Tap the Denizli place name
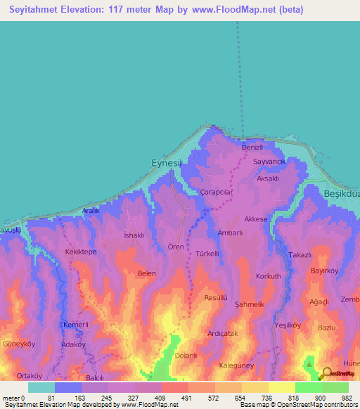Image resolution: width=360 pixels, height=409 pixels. (x=252, y=148)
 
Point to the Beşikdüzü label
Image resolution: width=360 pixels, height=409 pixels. (x=341, y=193)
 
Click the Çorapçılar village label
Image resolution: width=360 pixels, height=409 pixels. (x=221, y=192)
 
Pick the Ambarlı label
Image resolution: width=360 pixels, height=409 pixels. (x=230, y=233)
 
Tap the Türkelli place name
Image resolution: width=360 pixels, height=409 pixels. (x=207, y=253)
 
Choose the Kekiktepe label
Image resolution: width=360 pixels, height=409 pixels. (x=81, y=251)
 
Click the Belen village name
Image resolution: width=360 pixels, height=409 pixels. (x=146, y=273)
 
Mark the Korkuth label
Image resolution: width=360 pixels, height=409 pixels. (x=269, y=276)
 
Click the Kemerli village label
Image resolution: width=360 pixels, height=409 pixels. (x=75, y=325)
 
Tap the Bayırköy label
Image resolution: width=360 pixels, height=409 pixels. (x=325, y=270)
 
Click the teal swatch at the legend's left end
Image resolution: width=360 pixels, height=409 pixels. (x=41, y=387)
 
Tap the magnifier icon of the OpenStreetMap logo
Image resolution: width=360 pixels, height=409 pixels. (x=324, y=375)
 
